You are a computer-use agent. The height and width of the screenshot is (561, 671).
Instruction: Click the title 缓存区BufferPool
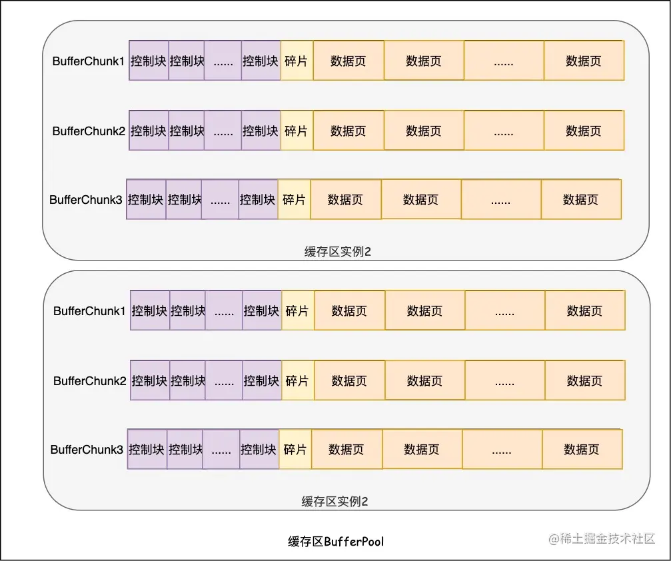[x=336, y=541]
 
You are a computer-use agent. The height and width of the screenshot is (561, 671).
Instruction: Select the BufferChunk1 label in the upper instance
[x=89, y=61]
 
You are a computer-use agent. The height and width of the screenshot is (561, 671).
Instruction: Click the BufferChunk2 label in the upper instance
[x=89, y=131]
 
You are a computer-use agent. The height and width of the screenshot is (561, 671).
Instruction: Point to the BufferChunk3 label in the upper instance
[x=86, y=199]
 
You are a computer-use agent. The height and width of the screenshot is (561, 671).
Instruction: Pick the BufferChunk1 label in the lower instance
[x=89, y=311]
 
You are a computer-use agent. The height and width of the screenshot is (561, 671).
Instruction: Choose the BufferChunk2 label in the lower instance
[x=89, y=381]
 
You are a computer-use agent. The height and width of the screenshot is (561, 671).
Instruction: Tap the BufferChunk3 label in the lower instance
[x=87, y=450]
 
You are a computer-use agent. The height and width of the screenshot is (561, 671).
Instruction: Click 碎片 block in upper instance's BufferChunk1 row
[x=297, y=61]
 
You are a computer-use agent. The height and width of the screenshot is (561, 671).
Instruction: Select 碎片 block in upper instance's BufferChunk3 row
[x=294, y=199]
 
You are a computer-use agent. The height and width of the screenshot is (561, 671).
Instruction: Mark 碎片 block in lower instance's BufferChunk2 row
[x=297, y=381]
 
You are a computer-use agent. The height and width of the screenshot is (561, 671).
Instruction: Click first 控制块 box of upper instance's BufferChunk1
[x=149, y=61]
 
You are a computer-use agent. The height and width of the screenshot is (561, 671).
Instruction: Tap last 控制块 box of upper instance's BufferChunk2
[x=261, y=131]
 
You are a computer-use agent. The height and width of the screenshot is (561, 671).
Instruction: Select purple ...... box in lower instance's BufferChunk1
[x=224, y=311]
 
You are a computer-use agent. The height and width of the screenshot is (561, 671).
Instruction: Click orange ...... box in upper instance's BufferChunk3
[x=500, y=199]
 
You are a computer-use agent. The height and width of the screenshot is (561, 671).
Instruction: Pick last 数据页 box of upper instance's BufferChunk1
[x=584, y=61]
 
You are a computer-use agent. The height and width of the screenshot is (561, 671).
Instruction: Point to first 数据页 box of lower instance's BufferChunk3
[x=346, y=450]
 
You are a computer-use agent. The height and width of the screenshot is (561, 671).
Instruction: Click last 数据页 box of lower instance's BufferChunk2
[x=584, y=381]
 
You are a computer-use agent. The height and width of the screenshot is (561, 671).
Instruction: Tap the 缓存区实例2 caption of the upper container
[x=337, y=252]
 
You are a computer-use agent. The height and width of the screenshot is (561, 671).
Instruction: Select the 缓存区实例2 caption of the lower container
[x=335, y=502]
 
